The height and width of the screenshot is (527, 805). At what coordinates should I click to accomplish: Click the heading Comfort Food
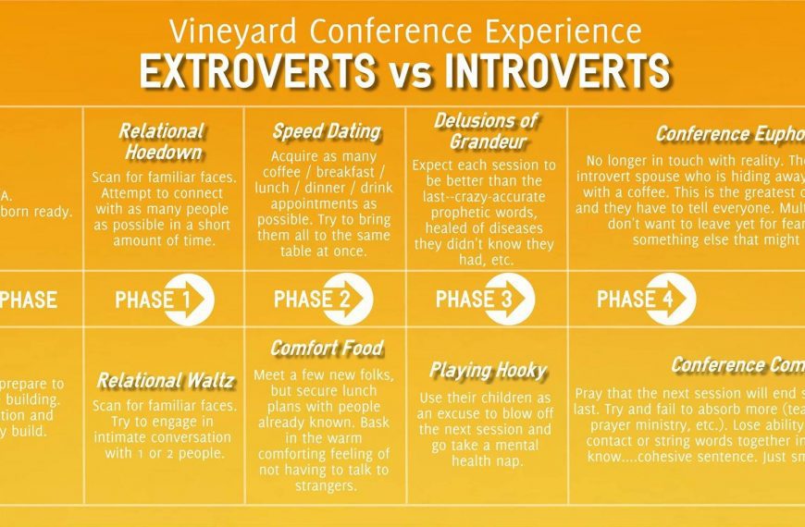pyautogui.click(x=327, y=349)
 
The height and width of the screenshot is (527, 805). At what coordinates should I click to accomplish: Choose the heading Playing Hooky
pyautogui.click(x=487, y=371)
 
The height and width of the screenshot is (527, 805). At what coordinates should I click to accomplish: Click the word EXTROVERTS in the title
pyautogui.click(x=252, y=71)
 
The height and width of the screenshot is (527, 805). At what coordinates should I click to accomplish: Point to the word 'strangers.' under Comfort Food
pyautogui.click(x=319, y=486)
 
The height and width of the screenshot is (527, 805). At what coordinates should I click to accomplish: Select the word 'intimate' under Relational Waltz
pyautogui.click(x=122, y=436)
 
